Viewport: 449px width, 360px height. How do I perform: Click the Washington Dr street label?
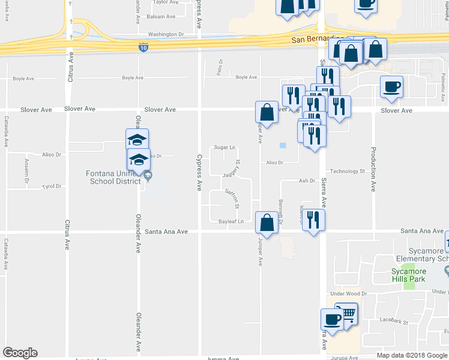(x=166, y=35)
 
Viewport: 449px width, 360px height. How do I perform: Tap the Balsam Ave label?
(x=161, y=17)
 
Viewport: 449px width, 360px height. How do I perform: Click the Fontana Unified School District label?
(x=113, y=178)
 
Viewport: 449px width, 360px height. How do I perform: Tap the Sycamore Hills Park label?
(x=408, y=275)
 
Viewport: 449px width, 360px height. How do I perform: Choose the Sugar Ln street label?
(x=225, y=147)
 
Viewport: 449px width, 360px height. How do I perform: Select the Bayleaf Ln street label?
(x=231, y=221)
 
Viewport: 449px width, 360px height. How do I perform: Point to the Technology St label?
(x=348, y=171)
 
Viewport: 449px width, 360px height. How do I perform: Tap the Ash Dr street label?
(x=307, y=181)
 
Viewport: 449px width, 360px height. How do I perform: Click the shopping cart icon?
(x=346, y=313)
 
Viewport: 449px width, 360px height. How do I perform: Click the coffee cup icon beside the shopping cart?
(x=332, y=319)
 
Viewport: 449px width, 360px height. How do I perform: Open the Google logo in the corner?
(x=20, y=352)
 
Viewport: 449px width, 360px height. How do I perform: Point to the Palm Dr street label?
(x=220, y=71)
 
